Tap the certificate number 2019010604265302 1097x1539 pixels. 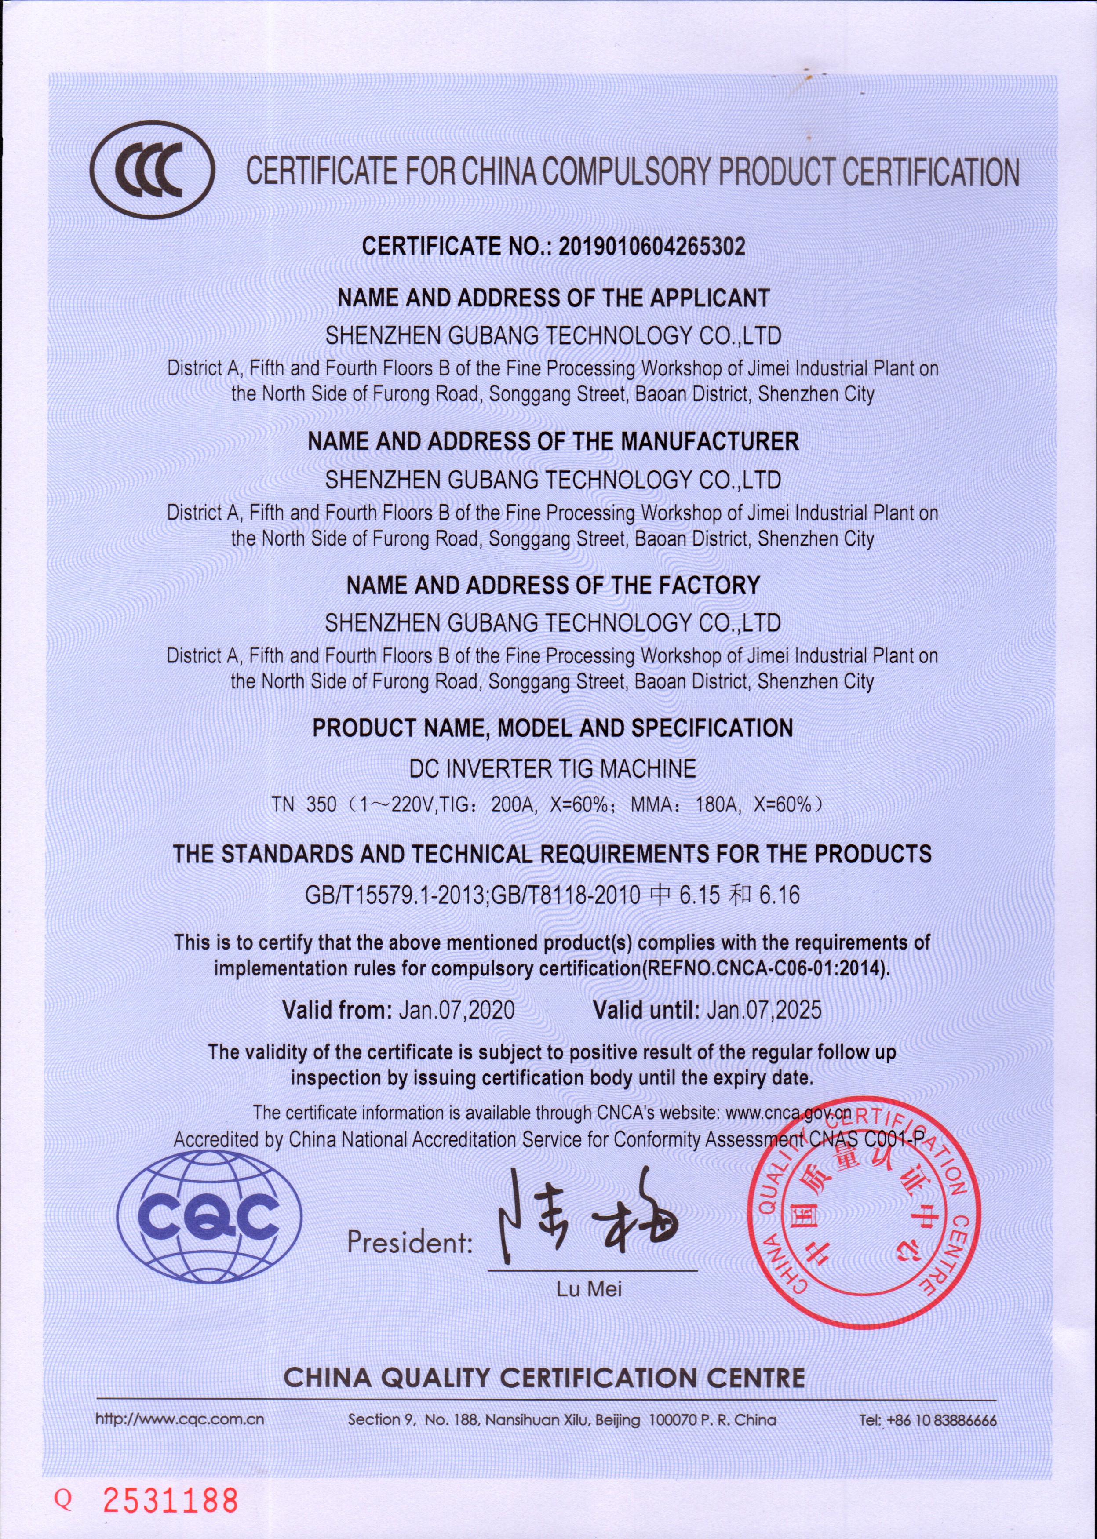click(652, 247)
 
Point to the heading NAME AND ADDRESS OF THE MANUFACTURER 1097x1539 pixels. click(553, 442)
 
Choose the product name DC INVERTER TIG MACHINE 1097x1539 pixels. click(553, 769)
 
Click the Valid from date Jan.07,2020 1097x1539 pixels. click(457, 1010)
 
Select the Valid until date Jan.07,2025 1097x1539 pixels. click(764, 1010)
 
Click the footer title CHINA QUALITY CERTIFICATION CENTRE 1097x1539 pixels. click(544, 1378)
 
